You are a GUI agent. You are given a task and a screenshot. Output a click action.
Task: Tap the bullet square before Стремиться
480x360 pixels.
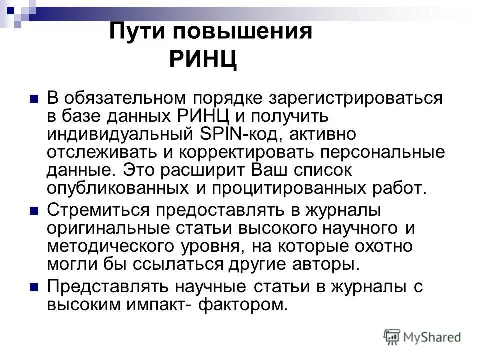[x=34, y=211]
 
